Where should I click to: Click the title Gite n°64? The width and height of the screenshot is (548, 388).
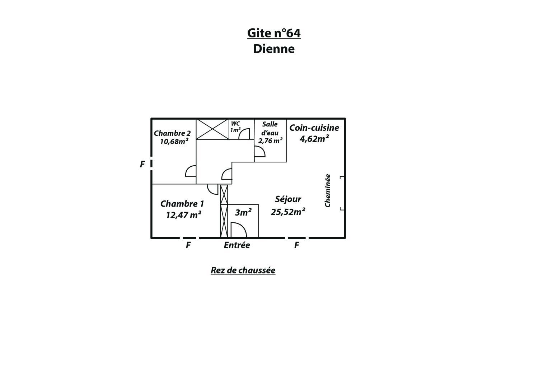pyautogui.click(x=274, y=33)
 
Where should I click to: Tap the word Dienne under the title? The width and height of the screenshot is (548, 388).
pyautogui.click(x=274, y=49)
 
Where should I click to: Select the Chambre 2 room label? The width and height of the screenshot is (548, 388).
pyautogui.click(x=172, y=133)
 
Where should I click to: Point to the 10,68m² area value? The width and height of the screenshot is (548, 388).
pyautogui.click(x=174, y=141)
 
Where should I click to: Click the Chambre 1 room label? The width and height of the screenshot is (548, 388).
pyautogui.click(x=182, y=204)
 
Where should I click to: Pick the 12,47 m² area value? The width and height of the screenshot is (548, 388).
pyautogui.click(x=184, y=215)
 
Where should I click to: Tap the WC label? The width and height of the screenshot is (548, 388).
pyautogui.click(x=235, y=124)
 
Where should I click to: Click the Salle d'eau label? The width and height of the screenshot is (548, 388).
pyautogui.click(x=270, y=128)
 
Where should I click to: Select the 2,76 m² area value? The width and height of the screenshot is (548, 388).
pyautogui.click(x=270, y=140)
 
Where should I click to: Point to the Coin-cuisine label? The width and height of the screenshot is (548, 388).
pyautogui.click(x=314, y=128)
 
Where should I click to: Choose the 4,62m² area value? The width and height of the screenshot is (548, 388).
pyautogui.click(x=314, y=139)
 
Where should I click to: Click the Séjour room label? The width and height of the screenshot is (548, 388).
pyautogui.click(x=288, y=199)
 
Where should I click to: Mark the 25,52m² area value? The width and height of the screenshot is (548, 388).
pyautogui.click(x=288, y=211)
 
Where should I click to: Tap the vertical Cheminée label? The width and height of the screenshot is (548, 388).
pyautogui.click(x=327, y=190)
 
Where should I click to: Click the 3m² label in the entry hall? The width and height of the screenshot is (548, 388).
pyautogui.click(x=243, y=212)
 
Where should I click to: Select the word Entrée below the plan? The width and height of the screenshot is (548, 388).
pyautogui.click(x=237, y=245)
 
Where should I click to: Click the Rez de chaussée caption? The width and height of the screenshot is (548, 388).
pyautogui.click(x=243, y=270)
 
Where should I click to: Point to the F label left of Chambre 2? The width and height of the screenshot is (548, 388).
pyautogui.click(x=142, y=164)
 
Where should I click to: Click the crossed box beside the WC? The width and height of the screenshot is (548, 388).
pyautogui.click(x=212, y=129)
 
